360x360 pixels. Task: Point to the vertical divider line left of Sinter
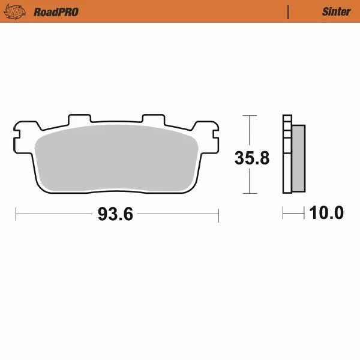point(289,11)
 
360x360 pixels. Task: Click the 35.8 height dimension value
point(251,159)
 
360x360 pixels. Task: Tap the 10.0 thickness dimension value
point(326,213)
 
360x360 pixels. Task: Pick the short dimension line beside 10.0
point(293,213)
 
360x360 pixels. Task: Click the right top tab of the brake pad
point(153,119)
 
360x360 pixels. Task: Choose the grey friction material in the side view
point(298,159)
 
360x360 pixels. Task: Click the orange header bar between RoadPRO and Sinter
point(180,11)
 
